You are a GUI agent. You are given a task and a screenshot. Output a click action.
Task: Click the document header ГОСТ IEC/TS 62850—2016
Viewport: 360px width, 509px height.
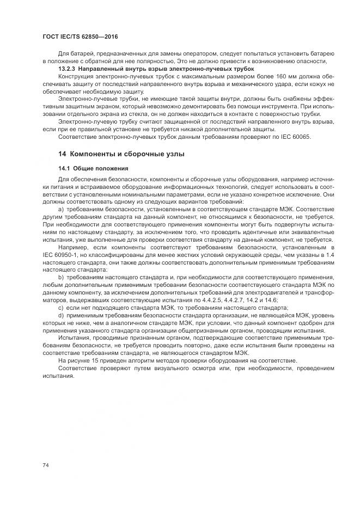pyautogui.click(x=80, y=36)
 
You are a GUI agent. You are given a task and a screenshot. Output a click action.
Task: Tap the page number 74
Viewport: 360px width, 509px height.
pyautogui.click(x=45, y=464)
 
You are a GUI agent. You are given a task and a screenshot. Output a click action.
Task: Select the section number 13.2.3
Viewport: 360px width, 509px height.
pyautogui.click(x=66, y=69)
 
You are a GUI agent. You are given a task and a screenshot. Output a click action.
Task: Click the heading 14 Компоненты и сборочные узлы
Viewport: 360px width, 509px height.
pyautogui.click(x=121, y=154)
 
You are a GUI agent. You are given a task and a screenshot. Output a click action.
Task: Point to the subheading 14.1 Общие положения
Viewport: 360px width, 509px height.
pyautogui.click(x=93, y=168)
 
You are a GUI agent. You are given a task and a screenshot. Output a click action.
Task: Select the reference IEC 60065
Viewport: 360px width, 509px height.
pyautogui.click(x=295, y=137)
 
